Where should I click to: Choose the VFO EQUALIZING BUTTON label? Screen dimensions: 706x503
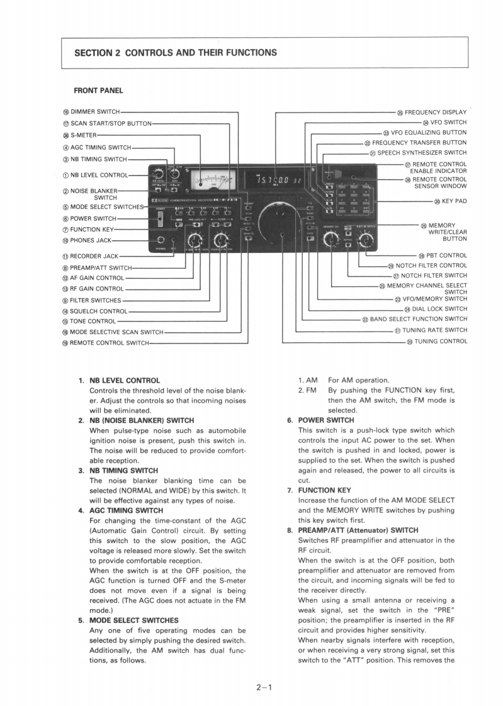coord(429,133)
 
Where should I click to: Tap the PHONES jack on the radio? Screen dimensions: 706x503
coord(161,240)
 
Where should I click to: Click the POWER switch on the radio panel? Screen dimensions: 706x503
coord(161,219)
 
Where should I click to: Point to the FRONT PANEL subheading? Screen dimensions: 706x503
coord(98,91)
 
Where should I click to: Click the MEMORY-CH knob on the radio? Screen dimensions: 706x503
coord(329,239)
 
